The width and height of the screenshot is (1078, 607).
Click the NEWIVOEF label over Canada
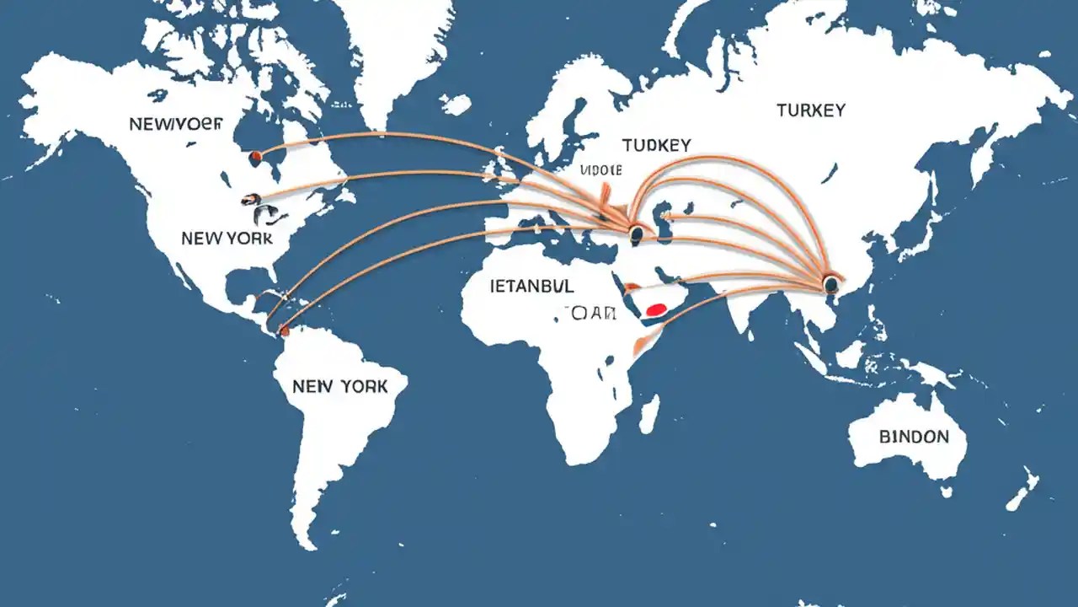[176, 124]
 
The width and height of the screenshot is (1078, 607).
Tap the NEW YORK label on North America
[227, 239]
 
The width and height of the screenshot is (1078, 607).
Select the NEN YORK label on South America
[339, 386]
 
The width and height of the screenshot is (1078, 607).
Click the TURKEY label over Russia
[811, 110]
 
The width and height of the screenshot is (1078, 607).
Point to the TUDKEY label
[656, 145]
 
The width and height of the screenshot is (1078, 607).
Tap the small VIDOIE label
[601, 170]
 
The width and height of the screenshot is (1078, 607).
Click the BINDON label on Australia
[913, 437]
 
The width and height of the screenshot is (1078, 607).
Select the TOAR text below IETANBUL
[587, 314]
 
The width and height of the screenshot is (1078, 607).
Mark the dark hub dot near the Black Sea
[636, 232]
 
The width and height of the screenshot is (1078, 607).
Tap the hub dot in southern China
[831, 284]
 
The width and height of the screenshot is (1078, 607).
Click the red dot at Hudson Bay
[256, 155]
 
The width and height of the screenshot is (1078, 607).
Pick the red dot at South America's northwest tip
[285, 332]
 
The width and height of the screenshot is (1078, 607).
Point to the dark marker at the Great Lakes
[250, 200]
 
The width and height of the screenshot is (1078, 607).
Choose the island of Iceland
[455, 105]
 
